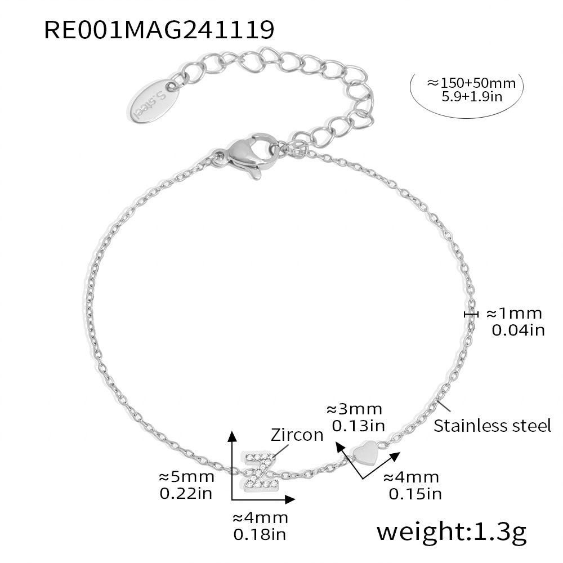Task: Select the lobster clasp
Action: tap(247, 155)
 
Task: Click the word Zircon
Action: tap(297, 435)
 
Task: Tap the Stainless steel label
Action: tap(492, 426)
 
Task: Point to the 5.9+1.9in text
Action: tap(472, 97)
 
